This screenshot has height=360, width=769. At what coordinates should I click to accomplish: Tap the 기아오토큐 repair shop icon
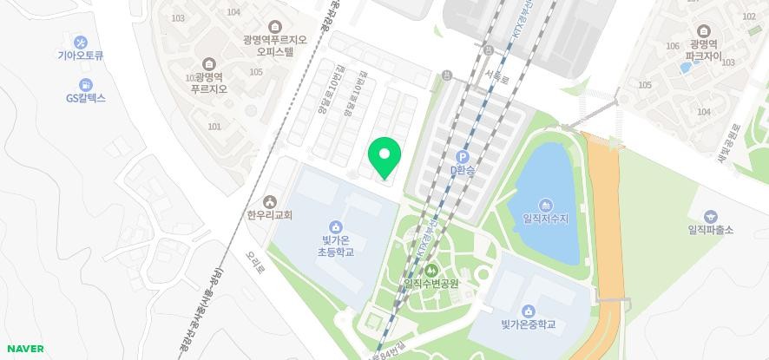81,43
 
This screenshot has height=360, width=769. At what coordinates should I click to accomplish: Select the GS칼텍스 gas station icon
86,85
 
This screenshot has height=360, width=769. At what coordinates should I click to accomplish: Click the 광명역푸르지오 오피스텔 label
276,45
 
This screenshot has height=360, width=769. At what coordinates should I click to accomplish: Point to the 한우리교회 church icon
270,202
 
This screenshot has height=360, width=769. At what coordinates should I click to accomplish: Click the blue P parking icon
463,157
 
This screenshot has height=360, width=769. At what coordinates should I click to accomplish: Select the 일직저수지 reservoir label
545,219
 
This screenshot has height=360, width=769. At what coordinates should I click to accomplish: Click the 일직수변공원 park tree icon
431,270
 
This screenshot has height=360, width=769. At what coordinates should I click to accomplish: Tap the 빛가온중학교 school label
528,325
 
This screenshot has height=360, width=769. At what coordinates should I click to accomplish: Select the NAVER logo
25,349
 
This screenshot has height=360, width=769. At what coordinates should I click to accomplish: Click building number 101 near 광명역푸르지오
214,127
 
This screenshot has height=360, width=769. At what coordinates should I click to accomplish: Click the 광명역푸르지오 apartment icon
209,64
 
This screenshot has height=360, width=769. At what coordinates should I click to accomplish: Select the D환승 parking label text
463,172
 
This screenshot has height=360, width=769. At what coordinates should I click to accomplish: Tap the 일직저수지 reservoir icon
545,205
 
